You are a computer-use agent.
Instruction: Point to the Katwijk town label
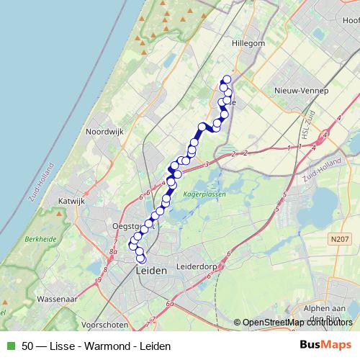point(72,202)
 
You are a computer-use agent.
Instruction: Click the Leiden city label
point(151,271)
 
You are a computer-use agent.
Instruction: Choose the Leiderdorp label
point(202,266)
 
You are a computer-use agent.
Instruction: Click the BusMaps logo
point(325,345)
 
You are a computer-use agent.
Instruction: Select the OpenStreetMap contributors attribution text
point(298,323)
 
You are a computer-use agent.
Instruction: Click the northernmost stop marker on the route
point(227,79)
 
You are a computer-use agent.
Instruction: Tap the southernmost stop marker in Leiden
point(141,260)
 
